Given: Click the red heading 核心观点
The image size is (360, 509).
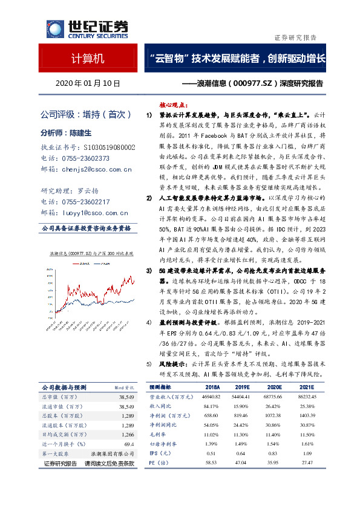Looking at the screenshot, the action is point(175,104).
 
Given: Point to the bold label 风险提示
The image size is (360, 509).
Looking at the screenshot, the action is point(175,365).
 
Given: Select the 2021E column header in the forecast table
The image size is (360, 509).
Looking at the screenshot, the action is point(307,387).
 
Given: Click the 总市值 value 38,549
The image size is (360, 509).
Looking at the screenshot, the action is point(126,397).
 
